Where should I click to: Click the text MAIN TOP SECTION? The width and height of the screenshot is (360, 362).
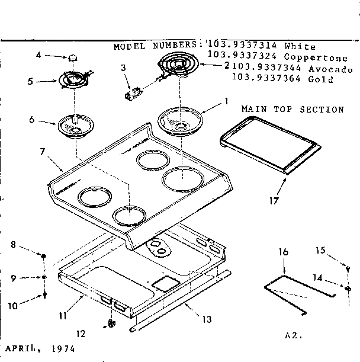coord(292,110)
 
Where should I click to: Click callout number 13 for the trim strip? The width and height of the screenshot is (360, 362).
coord(207,319)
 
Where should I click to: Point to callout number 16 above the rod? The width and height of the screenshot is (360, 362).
coord(284,251)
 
